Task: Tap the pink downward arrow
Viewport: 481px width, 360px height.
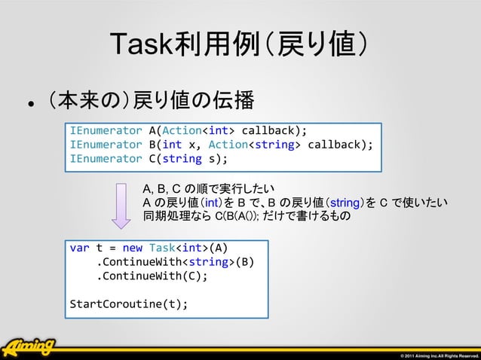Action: [121, 204]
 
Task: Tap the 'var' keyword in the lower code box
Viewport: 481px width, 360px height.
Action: [78, 247]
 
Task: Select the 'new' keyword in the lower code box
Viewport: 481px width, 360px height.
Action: [132, 247]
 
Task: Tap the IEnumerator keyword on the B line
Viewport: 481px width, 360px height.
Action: [106, 143]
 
